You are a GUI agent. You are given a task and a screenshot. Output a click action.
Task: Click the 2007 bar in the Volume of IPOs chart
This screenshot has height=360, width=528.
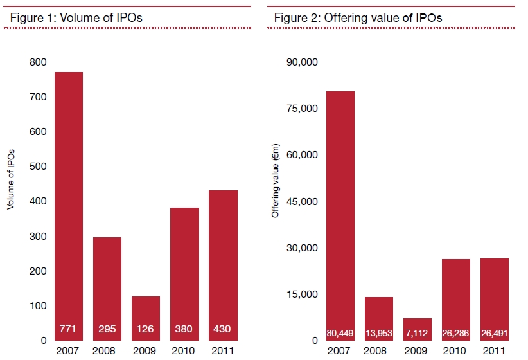tap(69, 206)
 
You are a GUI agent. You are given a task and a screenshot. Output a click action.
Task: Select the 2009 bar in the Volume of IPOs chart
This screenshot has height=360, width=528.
tap(146, 319)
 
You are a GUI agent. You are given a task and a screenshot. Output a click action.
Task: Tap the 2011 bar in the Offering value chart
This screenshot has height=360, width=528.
tap(495, 300)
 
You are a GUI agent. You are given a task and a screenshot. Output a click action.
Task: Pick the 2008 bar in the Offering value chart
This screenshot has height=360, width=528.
tap(379, 319)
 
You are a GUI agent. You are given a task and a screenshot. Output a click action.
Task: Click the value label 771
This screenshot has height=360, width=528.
tap(67, 328)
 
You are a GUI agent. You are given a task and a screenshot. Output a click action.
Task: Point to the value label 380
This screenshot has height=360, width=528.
tap(184, 328)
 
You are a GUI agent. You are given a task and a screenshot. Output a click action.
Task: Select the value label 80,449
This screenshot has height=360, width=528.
tap(340, 334)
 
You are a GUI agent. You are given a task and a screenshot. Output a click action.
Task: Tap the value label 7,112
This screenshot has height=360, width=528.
tap(417, 334)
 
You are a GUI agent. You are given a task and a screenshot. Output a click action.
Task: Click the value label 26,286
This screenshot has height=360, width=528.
tap(455, 334)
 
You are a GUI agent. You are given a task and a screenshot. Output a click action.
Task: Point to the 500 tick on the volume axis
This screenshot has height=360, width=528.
tap(38, 166)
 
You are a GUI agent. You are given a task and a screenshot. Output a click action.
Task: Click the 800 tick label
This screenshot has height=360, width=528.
tap(38, 62)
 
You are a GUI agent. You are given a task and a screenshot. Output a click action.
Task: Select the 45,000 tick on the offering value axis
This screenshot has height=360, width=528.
tap(302, 202)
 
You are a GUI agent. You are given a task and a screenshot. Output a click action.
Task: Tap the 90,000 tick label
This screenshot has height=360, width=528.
tap(302, 62)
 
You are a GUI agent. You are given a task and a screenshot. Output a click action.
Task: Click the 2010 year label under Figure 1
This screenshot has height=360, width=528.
tap(183, 351)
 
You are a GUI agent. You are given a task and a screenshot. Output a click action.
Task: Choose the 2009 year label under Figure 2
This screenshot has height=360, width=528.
tap(416, 351)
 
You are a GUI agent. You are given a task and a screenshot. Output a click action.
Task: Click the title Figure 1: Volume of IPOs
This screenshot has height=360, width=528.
tap(76, 17)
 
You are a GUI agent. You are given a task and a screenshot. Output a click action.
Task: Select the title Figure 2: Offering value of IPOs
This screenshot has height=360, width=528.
tap(358, 17)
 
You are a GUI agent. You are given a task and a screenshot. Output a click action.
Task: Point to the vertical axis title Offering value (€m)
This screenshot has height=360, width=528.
tap(276, 181)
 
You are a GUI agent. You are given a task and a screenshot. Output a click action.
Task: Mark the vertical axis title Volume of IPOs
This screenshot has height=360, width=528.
tap(11, 179)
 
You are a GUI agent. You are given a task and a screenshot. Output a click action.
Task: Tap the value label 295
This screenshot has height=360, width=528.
tap(107, 328)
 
